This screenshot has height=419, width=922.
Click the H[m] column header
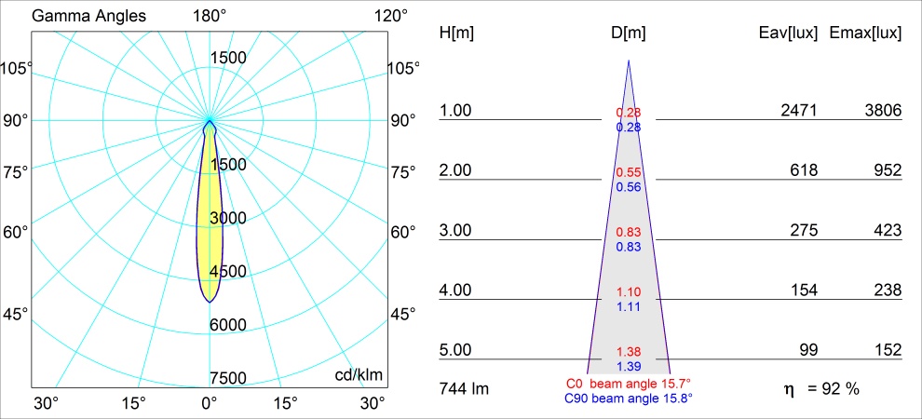[x=456, y=34]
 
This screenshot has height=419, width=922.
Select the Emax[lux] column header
[x=865, y=34]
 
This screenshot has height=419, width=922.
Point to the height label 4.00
[x=456, y=291]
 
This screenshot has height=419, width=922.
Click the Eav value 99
[x=807, y=350]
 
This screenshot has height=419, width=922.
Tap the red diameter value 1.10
[x=629, y=292]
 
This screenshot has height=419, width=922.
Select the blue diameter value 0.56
[x=629, y=186]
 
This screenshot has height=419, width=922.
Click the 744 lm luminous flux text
[x=463, y=388]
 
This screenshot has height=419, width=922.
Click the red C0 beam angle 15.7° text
[x=629, y=383]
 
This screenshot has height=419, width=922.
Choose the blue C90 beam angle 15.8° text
[x=629, y=398]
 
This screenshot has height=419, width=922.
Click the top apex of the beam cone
[x=629, y=61]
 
